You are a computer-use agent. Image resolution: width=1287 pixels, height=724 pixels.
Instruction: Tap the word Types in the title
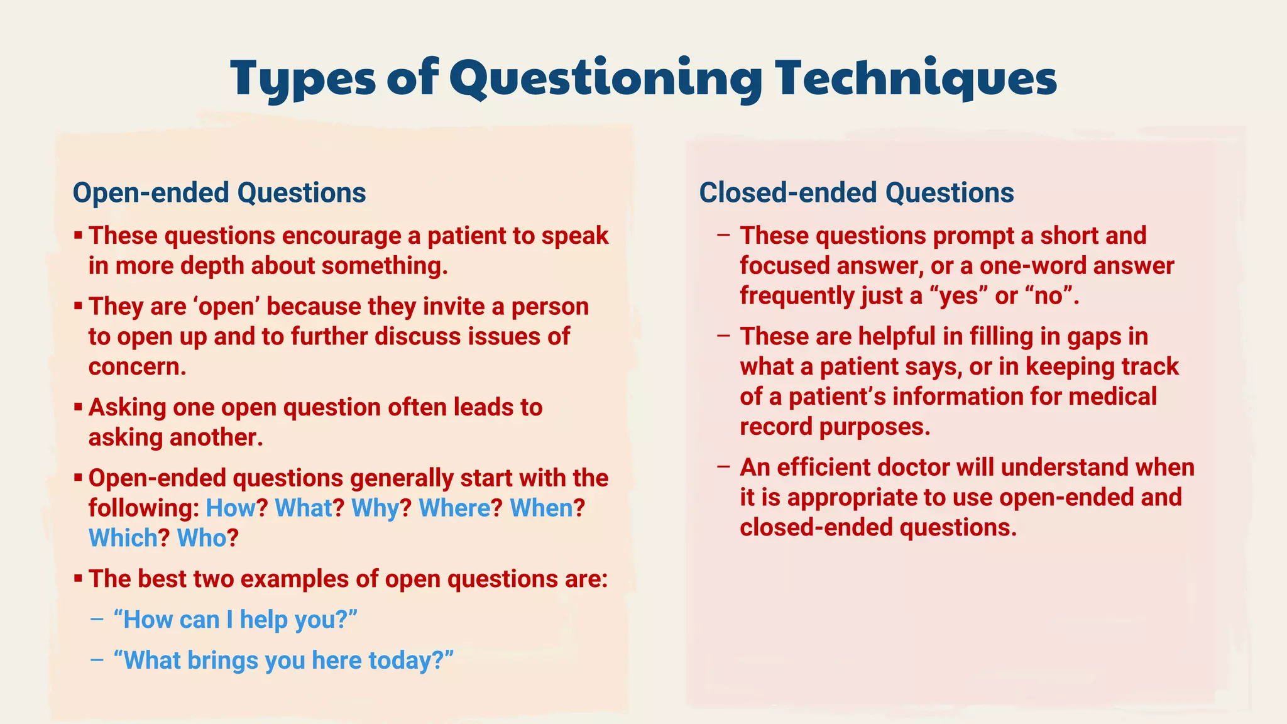(302, 79)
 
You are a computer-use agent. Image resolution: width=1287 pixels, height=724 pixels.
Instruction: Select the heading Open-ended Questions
(219, 192)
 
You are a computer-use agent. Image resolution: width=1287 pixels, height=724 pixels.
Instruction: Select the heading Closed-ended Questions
(856, 192)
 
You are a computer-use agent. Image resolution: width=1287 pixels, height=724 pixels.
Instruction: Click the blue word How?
(231, 508)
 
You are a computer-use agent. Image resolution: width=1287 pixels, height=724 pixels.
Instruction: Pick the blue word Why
(375, 508)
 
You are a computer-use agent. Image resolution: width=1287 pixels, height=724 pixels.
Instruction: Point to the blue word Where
(454, 508)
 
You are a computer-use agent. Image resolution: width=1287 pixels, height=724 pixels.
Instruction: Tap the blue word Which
(123, 538)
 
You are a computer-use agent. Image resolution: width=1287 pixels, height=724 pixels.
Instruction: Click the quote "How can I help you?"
(235, 620)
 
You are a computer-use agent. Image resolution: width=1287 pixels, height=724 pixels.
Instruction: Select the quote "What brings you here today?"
(283, 661)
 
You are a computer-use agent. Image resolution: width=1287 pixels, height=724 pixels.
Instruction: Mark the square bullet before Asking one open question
(78, 407)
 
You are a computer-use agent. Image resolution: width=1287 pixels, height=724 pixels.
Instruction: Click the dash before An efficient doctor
(723, 467)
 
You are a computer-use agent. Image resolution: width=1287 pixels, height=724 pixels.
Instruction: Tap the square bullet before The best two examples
(78, 578)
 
